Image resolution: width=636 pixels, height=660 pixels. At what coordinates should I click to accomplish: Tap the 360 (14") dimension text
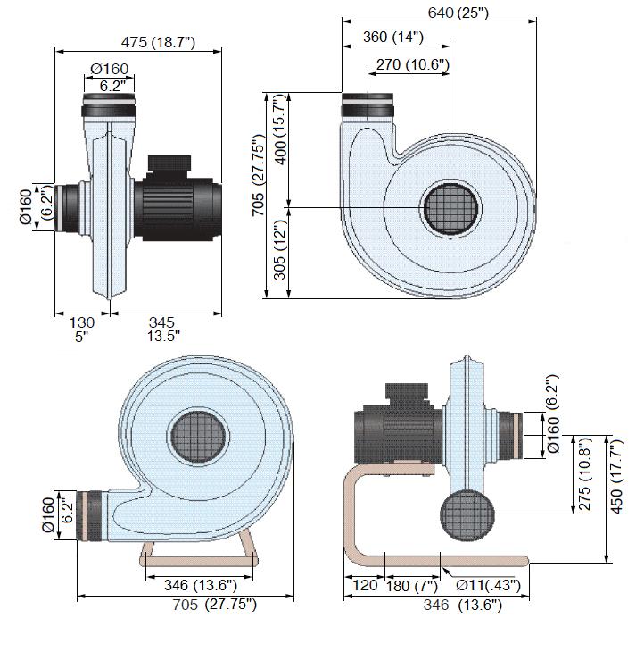[393, 38]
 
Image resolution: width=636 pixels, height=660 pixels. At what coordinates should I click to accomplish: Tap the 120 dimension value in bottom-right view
[366, 586]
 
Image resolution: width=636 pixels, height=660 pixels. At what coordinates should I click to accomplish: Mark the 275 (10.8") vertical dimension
[585, 474]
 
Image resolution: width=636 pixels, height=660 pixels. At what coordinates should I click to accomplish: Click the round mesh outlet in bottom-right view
[467, 516]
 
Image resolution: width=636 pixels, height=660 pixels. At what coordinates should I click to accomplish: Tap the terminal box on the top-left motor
[167, 165]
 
